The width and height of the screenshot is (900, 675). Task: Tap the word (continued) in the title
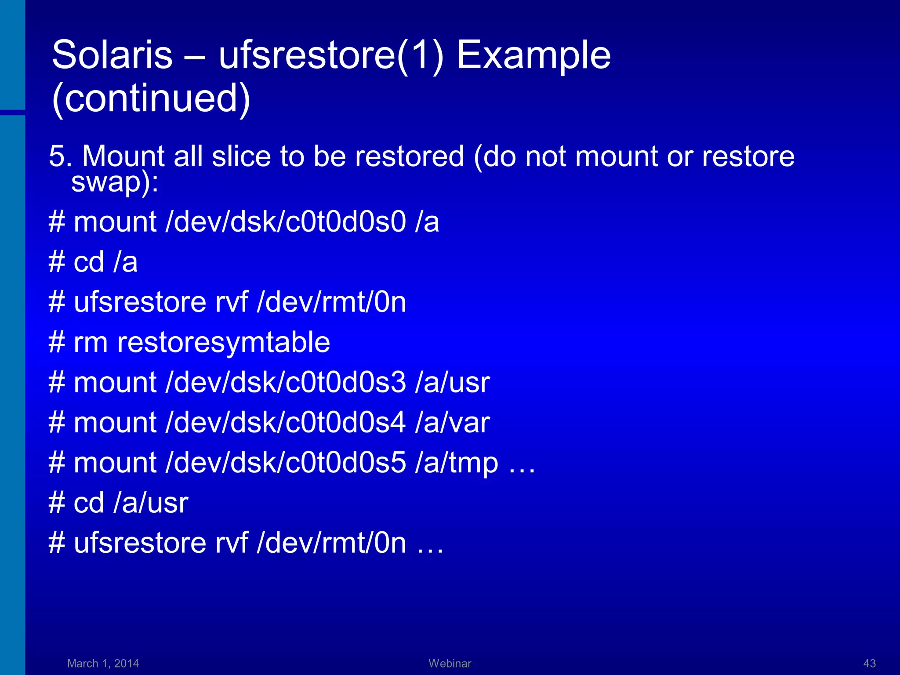[151, 98]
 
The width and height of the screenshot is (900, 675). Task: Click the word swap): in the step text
[115, 181]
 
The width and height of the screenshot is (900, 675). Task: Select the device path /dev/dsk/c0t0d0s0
[286, 221]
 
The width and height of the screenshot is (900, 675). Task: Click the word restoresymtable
[224, 342]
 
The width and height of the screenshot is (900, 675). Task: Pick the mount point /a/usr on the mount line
[452, 382]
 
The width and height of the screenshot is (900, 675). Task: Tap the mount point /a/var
[452, 423]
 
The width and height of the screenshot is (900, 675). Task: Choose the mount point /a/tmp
[457, 463]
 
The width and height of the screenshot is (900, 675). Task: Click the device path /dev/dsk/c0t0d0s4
[286, 423]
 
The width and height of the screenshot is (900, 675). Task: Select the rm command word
[91, 342]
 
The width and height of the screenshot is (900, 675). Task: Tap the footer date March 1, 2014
[103, 663]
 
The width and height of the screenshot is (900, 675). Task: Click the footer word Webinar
[450, 663]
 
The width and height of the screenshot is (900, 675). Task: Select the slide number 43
[869, 663]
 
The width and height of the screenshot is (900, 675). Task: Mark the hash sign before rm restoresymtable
[57, 342]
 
